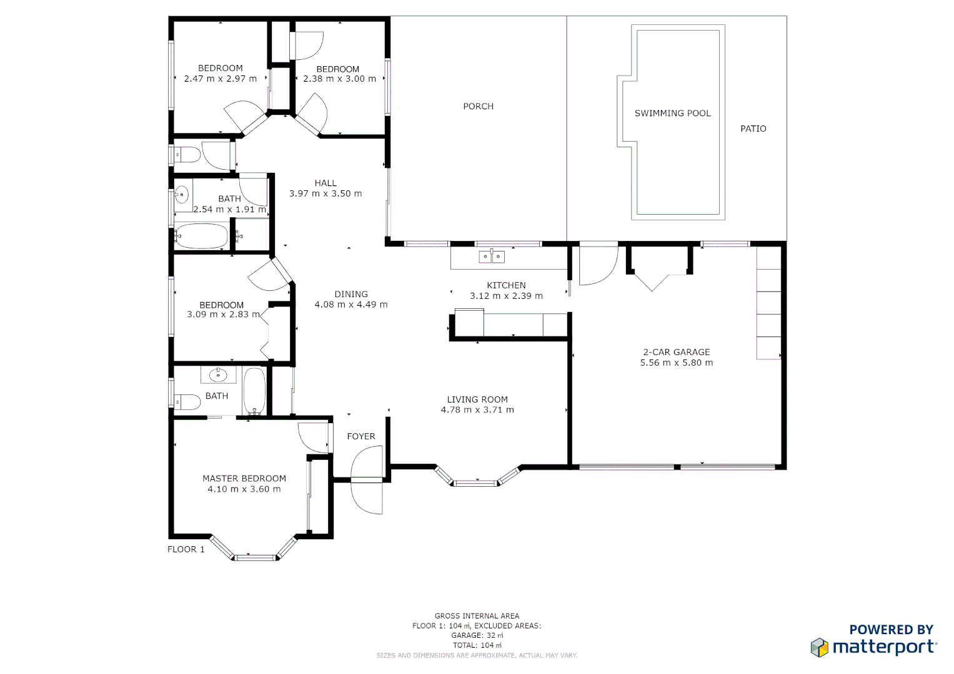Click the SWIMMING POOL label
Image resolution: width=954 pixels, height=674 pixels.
[x=672, y=114]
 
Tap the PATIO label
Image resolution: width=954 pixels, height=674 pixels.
[x=753, y=129]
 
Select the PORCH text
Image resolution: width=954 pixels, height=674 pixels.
[x=478, y=107]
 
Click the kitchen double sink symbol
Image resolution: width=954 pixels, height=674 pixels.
[x=492, y=256]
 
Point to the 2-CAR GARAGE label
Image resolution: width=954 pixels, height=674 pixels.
[x=676, y=352]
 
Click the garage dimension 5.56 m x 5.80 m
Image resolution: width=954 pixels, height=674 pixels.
[x=676, y=363]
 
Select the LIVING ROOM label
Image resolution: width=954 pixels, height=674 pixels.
[x=477, y=399]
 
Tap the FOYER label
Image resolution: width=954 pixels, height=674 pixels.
[x=361, y=436]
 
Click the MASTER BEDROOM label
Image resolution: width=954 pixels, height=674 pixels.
[x=244, y=479]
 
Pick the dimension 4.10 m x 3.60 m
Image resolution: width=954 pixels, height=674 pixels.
[x=244, y=489]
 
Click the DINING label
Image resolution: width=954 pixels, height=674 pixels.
[x=350, y=294]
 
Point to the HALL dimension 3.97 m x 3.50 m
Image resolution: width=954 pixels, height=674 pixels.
[x=325, y=193]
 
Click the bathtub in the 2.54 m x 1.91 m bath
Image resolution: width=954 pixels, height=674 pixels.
[x=201, y=236]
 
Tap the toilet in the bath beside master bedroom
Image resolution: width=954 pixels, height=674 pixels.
[x=187, y=401]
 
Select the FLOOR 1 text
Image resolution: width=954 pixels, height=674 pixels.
[x=186, y=549]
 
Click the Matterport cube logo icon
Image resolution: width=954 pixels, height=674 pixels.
[x=819, y=647]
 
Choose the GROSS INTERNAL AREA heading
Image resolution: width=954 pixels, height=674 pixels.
[x=477, y=616]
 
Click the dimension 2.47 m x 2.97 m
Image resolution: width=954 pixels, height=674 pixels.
[x=220, y=79]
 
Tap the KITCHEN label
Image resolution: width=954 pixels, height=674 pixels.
[x=506, y=285]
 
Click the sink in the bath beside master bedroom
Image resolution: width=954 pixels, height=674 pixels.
[x=217, y=374]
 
